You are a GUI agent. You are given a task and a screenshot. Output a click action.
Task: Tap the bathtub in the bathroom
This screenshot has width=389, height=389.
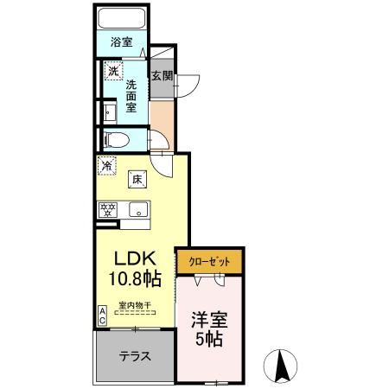tap(120, 18)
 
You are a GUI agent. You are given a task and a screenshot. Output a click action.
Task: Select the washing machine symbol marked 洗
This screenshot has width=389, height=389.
tap(112, 72)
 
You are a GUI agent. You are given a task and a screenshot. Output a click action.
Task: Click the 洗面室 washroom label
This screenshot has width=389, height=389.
tap(131, 98)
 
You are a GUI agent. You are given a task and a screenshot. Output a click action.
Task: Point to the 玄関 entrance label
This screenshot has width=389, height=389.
tap(162, 75)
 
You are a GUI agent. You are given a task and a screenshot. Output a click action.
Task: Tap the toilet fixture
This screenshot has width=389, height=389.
tap(117, 138)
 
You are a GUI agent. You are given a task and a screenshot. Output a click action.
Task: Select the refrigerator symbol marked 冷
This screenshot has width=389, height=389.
tap(107, 164)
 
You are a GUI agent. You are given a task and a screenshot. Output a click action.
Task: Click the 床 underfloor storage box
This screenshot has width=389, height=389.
tap(136, 179)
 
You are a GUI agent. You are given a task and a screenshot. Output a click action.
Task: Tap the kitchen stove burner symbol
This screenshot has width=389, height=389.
tap(109, 208)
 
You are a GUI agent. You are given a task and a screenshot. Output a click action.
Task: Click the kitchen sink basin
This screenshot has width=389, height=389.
tap(137, 209)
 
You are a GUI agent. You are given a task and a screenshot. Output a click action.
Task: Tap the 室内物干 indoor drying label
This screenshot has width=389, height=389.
tap(136, 303)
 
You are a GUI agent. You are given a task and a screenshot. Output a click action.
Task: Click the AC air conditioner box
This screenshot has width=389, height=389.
tap(102, 316)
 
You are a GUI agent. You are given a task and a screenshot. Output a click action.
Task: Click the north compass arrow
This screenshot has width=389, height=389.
tap(281, 367)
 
